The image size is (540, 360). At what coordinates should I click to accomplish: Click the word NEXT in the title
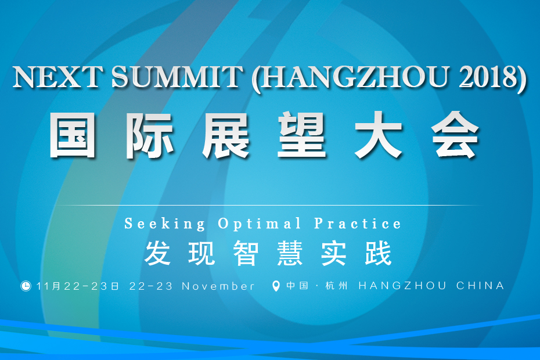(57, 76)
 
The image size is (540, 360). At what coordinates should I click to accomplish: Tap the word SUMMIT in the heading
(177, 76)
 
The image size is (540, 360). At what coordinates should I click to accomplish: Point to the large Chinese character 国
(73, 135)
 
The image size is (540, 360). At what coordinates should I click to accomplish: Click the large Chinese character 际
(149, 135)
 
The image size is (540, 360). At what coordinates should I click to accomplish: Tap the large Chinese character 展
(226, 135)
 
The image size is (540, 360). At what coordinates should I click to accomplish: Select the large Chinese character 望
(302, 135)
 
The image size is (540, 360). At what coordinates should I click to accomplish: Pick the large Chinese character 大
(379, 135)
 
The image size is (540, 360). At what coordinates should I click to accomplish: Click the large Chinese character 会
(455, 135)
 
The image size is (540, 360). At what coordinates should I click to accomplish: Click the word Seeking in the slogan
(165, 224)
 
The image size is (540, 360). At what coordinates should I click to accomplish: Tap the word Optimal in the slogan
(260, 224)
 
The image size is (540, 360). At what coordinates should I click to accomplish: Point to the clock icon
(26, 286)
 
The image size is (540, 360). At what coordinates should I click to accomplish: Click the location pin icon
(275, 286)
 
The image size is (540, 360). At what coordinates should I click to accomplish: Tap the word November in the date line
(218, 286)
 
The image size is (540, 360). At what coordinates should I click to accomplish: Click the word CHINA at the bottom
(480, 286)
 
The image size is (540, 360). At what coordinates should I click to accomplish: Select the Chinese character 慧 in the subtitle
(290, 253)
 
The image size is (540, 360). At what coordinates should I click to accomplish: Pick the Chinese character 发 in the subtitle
(157, 253)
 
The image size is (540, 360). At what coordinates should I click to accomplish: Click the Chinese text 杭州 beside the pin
(336, 286)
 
